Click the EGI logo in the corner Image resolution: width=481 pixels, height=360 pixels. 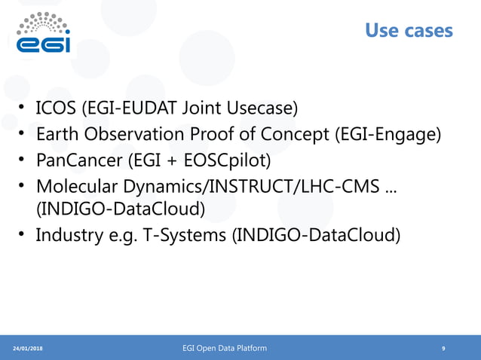pyautogui.click(x=43, y=33)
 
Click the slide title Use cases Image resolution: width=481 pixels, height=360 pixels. pyautogui.click(x=409, y=31)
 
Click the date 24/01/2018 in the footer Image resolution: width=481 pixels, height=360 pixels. pyautogui.click(x=28, y=349)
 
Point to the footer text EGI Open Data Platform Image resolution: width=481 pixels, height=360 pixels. pyautogui.click(x=225, y=348)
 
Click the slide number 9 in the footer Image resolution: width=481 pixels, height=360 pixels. pyautogui.click(x=443, y=349)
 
